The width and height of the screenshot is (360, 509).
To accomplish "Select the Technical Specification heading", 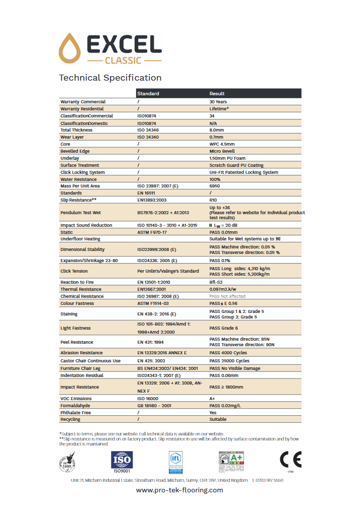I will coord(110,78).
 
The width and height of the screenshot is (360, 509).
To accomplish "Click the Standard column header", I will coord(148,94).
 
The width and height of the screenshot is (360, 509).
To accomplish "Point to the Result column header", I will coord(217,94).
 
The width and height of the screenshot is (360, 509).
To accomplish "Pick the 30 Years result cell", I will coord(218,102).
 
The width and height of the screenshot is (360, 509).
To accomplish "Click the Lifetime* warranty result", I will coord(219,109).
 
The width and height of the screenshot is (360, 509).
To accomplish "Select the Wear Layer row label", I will coord(72,137).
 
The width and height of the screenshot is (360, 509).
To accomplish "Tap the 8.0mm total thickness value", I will coord(217,130).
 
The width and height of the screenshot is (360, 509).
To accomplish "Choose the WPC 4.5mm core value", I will coord(222,144).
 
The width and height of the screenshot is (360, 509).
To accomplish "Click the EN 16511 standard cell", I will coord(148,193).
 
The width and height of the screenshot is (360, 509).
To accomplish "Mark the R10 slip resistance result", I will coord(214,200).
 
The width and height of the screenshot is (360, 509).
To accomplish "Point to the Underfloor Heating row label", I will coord(80,239).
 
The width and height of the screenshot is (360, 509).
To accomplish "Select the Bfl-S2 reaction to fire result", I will coord(217,282).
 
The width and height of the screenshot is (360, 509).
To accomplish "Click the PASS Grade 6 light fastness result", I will coord(224,328).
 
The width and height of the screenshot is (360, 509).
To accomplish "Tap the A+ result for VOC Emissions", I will coord(212,398).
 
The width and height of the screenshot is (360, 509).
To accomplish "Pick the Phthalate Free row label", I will coord(75,412).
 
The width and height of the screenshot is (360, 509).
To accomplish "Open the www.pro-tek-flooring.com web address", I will coord(179,490).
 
